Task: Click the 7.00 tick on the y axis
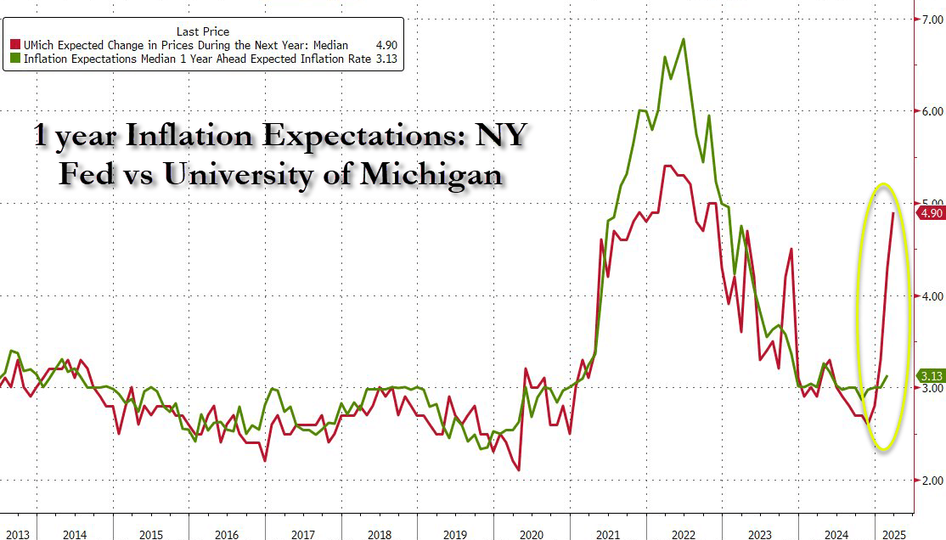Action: [931, 18]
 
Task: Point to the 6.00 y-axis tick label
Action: [931, 111]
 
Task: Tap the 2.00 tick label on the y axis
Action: [931, 480]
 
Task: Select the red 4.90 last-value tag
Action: [932, 213]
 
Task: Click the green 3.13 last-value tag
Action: [932, 376]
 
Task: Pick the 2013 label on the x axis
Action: [18, 535]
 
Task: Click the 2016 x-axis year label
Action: [226, 535]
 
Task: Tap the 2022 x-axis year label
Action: [684, 535]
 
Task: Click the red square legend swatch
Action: [14, 45]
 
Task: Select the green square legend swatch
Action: [14, 59]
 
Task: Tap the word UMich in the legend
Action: [39, 45]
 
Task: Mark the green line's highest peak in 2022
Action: [684, 39]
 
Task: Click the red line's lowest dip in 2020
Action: [518, 470]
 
